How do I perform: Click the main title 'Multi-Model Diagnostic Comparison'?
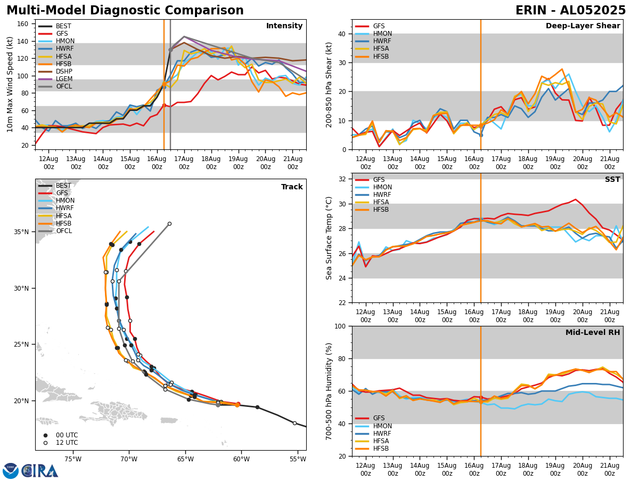tap(125, 11)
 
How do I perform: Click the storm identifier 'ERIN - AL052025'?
tap(570, 11)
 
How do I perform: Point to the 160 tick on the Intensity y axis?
tap(25, 24)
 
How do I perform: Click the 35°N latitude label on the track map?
tap(21, 232)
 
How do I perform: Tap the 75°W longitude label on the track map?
tap(73, 460)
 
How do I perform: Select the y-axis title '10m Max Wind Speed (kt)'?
tap(11, 85)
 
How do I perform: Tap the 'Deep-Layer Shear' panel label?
tap(583, 26)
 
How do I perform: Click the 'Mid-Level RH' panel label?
tap(593, 333)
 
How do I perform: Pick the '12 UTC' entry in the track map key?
tap(67, 443)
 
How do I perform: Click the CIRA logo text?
tap(40, 471)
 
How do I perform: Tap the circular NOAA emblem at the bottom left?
tap(11, 471)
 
